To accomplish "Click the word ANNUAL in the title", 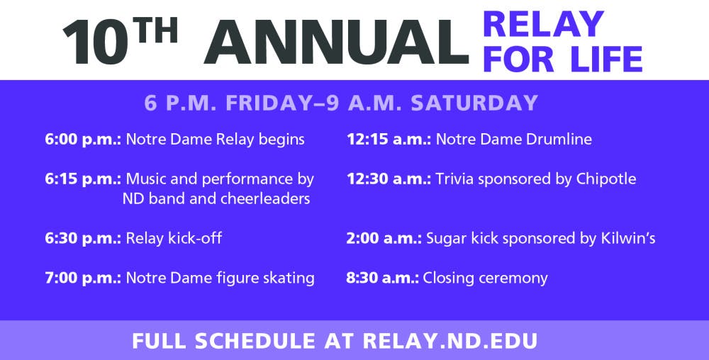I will coord(336,42).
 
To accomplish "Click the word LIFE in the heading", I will coord(604,58).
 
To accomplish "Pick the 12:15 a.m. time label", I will coord(389,140).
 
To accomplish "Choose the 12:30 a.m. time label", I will coord(389,179).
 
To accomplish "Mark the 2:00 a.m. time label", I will coord(384,238).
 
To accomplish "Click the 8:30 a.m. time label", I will coord(383,278).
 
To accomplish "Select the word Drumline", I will coord(560,140).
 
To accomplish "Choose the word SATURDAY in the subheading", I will coord(475,103).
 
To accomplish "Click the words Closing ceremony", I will coord(485,278).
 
